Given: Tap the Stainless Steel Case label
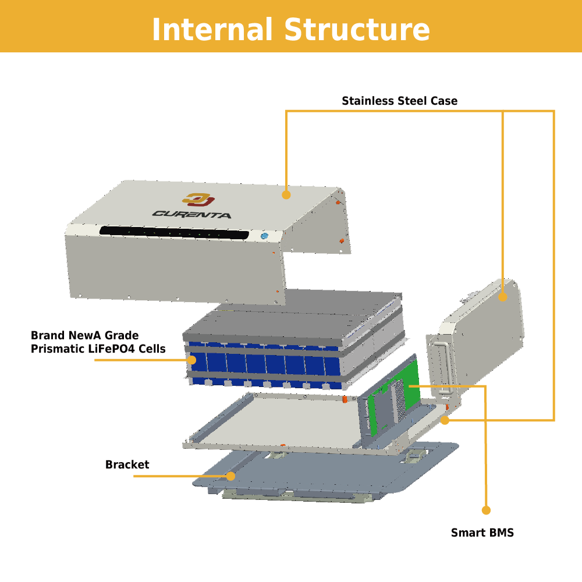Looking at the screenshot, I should [x=399, y=101].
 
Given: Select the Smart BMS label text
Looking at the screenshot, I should [x=482, y=533].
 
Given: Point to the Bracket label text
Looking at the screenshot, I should [x=127, y=465].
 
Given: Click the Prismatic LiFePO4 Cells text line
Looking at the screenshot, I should [x=98, y=349].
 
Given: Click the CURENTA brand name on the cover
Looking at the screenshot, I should [x=192, y=214].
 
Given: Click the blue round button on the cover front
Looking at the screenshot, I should [x=264, y=236].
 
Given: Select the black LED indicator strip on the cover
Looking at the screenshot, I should [x=173, y=233].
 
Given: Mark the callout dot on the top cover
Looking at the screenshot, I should [x=286, y=195].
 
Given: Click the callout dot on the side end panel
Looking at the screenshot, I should [x=503, y=297].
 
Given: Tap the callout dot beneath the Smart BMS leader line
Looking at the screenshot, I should [x=486, y=510].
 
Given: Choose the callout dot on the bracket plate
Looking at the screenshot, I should [x=230, y=476].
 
